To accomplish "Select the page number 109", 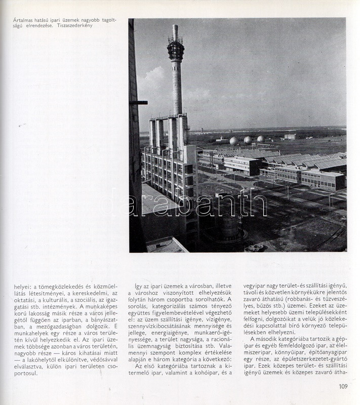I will (x=343, y=386).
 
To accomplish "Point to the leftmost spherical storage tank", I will (x=233, y=140).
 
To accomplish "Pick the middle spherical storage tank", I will (x=248, y=140).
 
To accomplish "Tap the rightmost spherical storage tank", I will (x=260, y=139).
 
